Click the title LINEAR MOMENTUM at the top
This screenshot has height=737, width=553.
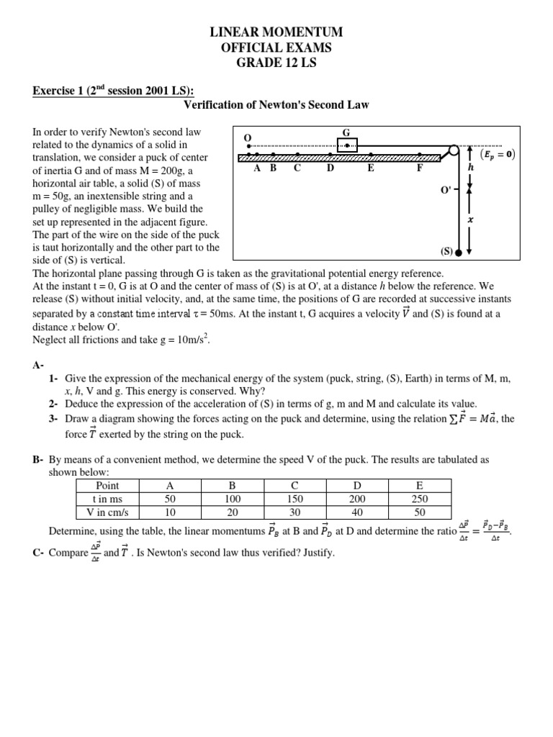point(276,32)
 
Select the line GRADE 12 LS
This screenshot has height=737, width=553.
point(276,63)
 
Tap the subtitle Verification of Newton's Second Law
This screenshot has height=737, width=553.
point(276,105)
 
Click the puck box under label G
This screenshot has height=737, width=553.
point(347,145)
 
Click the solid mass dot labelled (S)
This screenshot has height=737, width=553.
point(458,253)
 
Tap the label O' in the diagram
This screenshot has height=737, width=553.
point(446,190)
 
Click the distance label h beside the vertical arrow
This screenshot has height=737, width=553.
point(472,166)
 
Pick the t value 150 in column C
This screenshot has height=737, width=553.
point(295,499)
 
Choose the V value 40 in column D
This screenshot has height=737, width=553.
point(357,512)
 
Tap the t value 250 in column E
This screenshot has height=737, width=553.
point(420,499)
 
